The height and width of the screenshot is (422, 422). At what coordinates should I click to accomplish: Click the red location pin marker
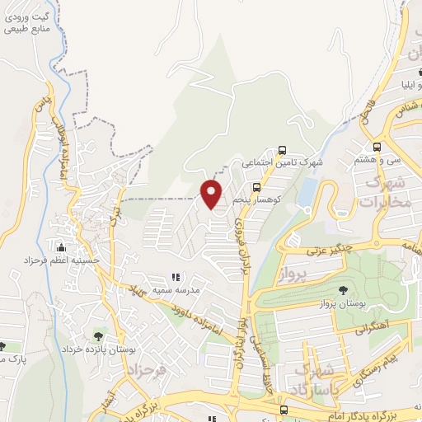point(212,193)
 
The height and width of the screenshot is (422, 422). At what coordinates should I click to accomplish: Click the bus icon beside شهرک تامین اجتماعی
point(283,150)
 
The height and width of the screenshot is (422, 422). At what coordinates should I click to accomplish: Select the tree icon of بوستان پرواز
point(343,289)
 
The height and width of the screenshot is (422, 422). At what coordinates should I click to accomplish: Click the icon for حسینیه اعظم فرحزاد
point(59,247)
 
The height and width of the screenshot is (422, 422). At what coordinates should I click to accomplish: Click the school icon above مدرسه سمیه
point(174,277)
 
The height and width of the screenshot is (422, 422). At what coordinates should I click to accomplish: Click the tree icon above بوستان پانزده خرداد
point(99,335)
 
